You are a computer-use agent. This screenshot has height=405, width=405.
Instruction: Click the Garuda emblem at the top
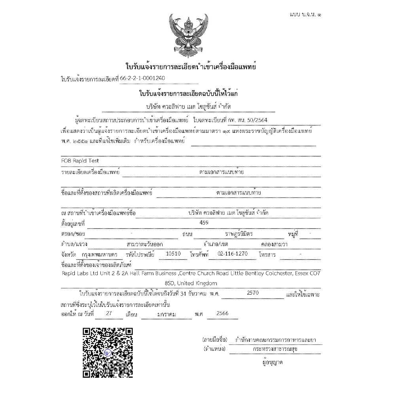[188, 35]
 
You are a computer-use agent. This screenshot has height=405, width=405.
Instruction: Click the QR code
[108, 352]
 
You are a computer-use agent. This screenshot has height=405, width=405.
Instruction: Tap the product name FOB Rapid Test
[80, 161]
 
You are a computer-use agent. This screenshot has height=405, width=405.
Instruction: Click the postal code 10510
[174, 254]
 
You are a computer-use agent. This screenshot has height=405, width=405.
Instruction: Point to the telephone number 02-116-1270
[233, 254]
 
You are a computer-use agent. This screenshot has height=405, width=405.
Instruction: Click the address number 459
[204, 223]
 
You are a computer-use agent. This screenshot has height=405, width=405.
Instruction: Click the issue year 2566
[223, 313]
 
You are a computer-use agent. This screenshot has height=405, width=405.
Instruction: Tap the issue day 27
[109, 313]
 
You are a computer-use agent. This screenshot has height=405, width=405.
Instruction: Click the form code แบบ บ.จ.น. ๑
[305, 15]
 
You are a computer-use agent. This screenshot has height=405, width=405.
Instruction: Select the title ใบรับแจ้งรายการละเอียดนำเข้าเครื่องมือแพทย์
[191, 66]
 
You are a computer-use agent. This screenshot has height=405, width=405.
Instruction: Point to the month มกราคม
[167, 314]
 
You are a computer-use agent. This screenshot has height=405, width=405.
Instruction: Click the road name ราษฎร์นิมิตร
[239, 234]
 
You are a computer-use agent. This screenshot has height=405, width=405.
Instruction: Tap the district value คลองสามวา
[274, 244]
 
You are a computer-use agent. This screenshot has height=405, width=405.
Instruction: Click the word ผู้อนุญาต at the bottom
[272, 362]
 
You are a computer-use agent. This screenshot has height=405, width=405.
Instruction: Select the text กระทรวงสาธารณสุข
[275, 349]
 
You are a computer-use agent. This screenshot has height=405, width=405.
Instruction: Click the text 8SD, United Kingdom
[191, 283]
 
